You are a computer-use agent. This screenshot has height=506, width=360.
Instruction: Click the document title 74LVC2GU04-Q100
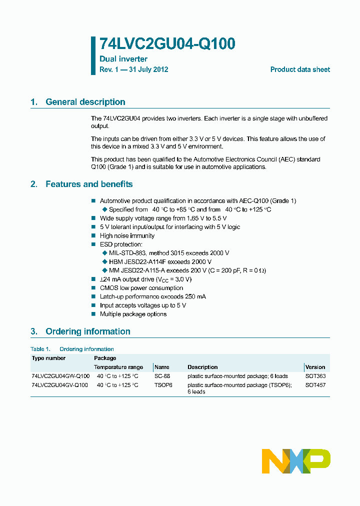[x=167, y=44]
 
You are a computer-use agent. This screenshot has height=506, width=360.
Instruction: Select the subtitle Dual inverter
[x=123, y=59]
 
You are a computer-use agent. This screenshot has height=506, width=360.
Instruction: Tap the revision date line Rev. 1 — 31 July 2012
[x=133, y=69]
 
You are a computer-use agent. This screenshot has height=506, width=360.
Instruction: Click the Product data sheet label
[x=300, y=69]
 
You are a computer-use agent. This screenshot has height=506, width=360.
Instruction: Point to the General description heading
[x=85, y=102]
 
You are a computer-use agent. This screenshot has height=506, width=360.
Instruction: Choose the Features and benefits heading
[x=89, y=184]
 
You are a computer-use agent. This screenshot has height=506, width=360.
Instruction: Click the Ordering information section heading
[x=87, y=331]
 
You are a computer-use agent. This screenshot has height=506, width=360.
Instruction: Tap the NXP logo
[x=296, y=461]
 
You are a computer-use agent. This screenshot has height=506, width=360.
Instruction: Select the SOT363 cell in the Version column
[x=315, y=376]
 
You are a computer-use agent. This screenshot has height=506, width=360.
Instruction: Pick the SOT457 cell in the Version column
[x=315, y=385]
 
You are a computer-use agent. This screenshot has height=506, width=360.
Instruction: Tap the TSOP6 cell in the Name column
[x=163, y=385]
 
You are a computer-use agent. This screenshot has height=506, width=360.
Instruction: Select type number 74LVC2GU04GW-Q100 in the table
[x=60, y=376]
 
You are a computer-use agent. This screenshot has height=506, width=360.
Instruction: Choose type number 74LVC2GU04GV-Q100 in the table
[x=59, y=385]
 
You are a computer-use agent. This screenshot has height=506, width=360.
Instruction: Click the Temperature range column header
[x=118, y=367]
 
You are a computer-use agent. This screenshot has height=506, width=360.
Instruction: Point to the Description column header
[x=202, y=367]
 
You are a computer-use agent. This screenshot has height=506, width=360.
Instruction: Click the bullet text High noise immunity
[x=127, y=235]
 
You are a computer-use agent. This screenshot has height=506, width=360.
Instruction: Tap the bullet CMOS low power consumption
[x=141, y=288]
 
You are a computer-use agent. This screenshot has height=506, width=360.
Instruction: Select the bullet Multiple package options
[x=133, y=314]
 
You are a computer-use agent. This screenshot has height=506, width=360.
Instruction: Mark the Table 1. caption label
[x=40, y=349]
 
